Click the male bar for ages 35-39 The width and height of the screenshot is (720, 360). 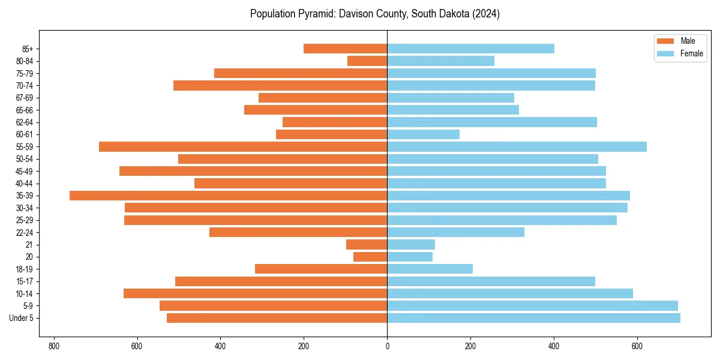coord(228,196)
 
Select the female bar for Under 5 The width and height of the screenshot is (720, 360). coord(533,318)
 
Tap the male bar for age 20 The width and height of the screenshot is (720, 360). coord(370,257)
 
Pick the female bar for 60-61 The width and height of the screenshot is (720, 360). coord(424,134)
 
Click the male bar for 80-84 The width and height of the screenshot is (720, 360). coord(367,61)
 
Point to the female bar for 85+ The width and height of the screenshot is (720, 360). coord(470,49)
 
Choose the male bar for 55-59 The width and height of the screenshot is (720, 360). coord(243,146)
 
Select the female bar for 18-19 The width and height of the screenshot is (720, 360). coord(430,269)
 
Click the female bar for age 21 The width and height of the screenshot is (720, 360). coord(411,244)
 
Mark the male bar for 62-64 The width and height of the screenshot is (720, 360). coord(335,122)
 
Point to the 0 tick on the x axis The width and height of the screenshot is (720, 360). coord(387,346)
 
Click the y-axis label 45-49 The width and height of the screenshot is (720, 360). coord(25,171)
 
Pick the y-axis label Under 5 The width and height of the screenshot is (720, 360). coord(21,318)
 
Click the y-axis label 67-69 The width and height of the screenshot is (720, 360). coord(25,98)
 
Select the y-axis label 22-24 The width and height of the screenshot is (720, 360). coord(25,232)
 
